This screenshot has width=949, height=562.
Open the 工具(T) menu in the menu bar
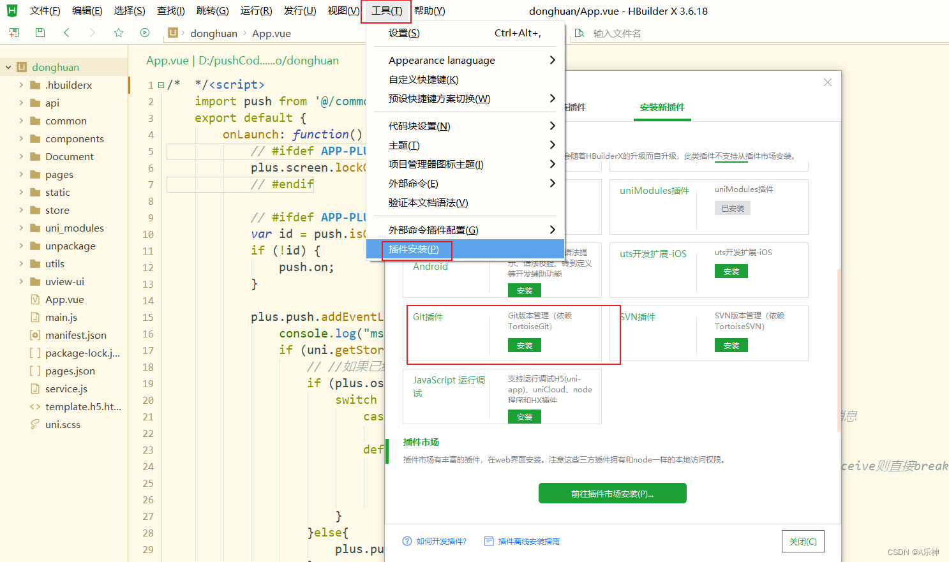pyautogui.click(x=386, y=11)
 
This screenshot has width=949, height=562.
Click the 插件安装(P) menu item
pyautogui.click(x=414, y=249)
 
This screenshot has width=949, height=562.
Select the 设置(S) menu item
pyautogui.click(x=404, y=33)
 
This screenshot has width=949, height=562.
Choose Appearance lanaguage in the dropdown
pyautogui.click(x=442, y=61)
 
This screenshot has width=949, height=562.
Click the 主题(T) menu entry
pyautogui.click(x=404, y=145)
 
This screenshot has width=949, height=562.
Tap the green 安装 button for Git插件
pyautogui.click(x=525, y=346)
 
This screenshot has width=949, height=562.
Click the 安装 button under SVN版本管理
pyautogui.click(x=731, y=346)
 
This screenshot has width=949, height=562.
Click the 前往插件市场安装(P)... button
pyautogui.click(x=612, y=494)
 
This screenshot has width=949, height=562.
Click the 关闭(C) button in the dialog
pyautogui.click(x=803, y=542)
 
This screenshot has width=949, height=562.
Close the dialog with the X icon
pyautogui.click(x=828, y=82)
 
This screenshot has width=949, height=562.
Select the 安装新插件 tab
pyautogui.click(x=662, y=107)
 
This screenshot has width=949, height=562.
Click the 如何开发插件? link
pyautogui.click(x=441, y=542)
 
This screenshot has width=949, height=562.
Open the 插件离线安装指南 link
pyautogui.click(x=528, y=542)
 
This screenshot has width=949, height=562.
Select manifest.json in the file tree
pyautogui.click(x=75, y=336)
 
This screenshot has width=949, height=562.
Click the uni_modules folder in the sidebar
pyautogui.click(x=74, y=228)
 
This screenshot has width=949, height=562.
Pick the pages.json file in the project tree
pyautogui.click(x=70, y=371)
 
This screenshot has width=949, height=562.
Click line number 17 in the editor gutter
pyautogui.click(x=148, y=350)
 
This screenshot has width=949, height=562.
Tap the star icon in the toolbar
pyautogui.click(x=119, y=33)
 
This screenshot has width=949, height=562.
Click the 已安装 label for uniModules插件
pyautogui.click(x=733, y=209)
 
